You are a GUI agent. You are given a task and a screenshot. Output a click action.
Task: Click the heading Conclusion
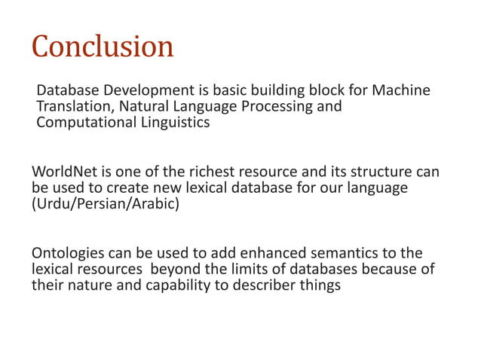[x=103, y=47]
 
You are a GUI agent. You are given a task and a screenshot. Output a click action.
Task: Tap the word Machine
[x=403, y=91]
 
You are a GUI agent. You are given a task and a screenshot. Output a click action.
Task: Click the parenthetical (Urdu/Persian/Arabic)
[x=106, y=203]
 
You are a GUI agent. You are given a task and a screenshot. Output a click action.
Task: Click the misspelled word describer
[x=265, y=285]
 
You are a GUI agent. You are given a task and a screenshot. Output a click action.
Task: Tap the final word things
[x=320, y=285]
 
